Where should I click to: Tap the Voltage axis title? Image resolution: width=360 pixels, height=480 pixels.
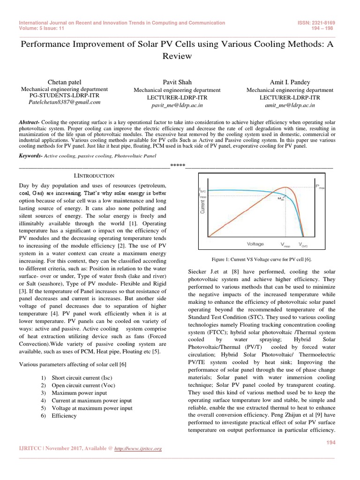coord(255,244)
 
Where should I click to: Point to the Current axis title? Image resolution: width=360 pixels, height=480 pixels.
coord(203,207)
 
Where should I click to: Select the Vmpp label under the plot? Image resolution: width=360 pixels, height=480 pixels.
coord(285,244)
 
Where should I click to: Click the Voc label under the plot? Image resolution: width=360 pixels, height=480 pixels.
coord(303,244)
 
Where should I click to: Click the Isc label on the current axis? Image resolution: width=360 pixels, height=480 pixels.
coord(202,190)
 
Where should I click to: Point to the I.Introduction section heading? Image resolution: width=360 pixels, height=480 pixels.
coord(85,175)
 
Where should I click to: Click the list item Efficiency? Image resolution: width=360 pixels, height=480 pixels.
coord(64,415)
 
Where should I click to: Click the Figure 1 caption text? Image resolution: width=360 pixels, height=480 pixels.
coord(262,259)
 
